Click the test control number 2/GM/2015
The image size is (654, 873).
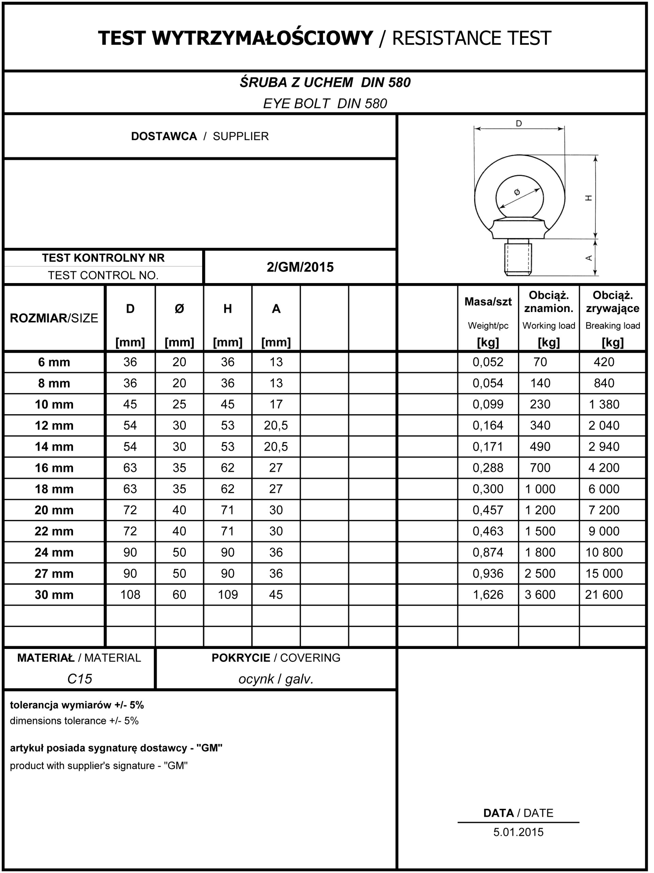(300, 267)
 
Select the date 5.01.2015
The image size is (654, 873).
(518, 832)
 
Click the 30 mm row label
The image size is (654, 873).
(54, 595)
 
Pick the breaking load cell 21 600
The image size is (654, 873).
(604, 594)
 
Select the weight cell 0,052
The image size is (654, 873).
(488, 362)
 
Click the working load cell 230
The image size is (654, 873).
(540, 404)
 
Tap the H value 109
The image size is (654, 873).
(228, 594)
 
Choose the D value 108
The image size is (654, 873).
(130, 594)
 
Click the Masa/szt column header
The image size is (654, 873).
(488, 302)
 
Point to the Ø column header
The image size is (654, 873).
(179, 309)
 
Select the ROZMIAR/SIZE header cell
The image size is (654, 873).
(54, 318)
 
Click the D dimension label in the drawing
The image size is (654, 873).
(519, 123)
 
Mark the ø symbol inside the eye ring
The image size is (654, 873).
(517, 192)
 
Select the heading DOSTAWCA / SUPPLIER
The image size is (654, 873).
(200, 136)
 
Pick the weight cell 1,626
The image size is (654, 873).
(488, 594)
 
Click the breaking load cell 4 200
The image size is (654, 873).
(604, 468)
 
